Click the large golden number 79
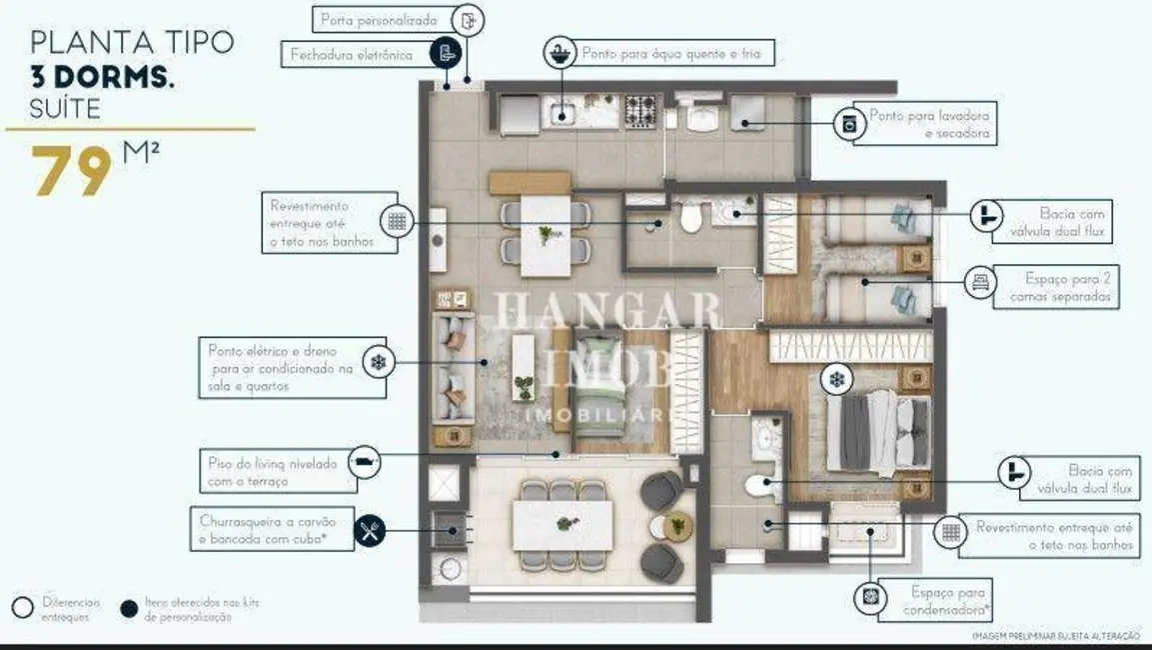[x=72, y=172]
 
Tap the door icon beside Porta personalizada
[x=468, y=19]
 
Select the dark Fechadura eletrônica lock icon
[x=446, y=54]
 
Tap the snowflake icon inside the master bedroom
[x=836, y=379]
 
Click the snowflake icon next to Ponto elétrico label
[x=378, y=361]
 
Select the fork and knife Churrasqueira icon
[x=371, y=530]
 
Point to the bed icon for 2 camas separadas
[x=979, y=283]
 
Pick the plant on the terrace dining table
[x=566, y=522]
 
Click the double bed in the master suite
[x=869, y=430]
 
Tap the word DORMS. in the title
[x=115, y=76]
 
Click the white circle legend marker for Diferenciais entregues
[x=22, y=608]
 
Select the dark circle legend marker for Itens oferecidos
[x=128, y=608]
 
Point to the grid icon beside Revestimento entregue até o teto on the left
[x=397, y=222]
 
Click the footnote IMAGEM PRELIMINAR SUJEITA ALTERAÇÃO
[x=1056, y=636]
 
